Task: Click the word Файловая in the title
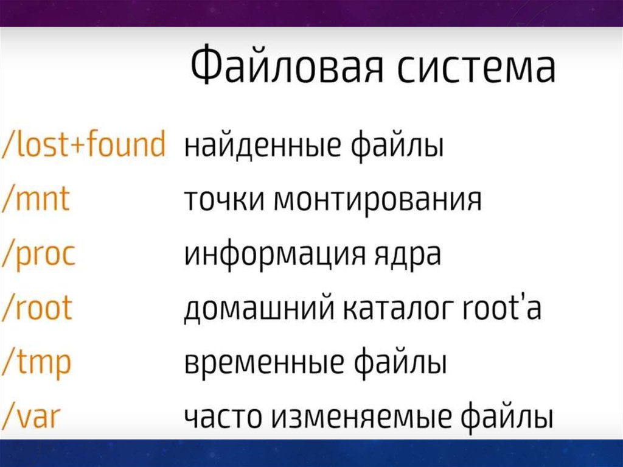287,65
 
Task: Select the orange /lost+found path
83,144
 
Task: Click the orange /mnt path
36,199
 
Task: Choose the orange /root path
37,307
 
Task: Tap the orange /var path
31,417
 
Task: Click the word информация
274,255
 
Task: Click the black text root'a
503,308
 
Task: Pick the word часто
223,417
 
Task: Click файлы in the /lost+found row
397,146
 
